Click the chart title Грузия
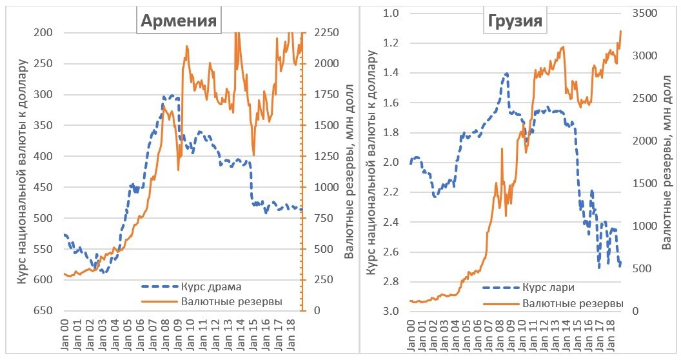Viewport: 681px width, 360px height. [x=513, y=23]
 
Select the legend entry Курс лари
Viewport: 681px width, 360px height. [x=549, y=288]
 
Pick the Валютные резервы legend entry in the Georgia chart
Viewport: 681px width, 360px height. [x=573, y=303]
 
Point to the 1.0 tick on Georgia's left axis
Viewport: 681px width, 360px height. [x=392, y=14]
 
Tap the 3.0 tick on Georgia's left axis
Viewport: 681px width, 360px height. [x=392, y=312]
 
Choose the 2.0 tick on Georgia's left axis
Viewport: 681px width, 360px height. [x=392, y=163]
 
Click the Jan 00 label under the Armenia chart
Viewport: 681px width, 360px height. [x=66, y=336]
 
